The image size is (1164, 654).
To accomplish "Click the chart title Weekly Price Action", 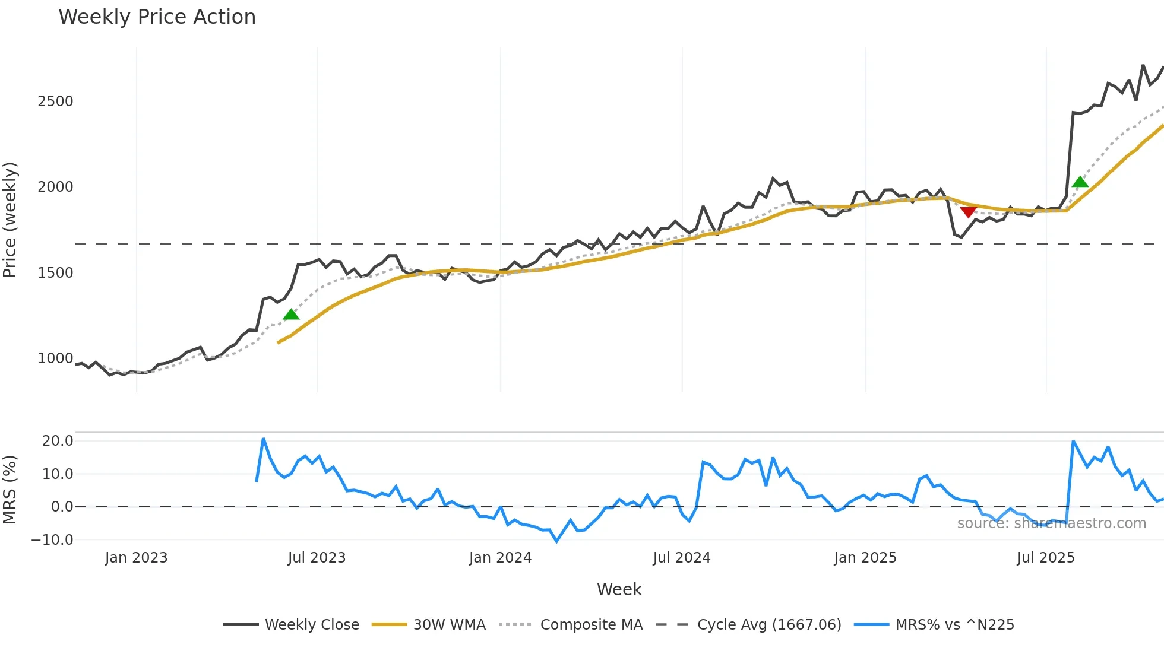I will [x=157, y=17].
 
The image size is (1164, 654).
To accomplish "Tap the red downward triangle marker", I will [x=968, y=211].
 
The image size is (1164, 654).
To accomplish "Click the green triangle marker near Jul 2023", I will [x=291, y=315].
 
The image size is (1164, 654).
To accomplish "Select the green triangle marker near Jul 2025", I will [x=1080, y=182].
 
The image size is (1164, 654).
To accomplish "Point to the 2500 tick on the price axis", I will [x=55, y=101].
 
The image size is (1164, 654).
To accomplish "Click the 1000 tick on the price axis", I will [x=55, y=358].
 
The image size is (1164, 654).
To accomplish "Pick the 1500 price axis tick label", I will [x=55, y=273].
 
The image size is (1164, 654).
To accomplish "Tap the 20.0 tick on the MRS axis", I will [x=58, y=441].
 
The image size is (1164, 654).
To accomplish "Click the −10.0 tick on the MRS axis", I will [x=52, y=540].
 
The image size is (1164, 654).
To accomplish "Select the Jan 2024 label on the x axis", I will [x=500, y=558].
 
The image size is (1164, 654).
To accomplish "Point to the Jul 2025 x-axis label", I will [x=1046, y=558].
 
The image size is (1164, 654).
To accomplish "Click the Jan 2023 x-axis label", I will [x=136, y=558].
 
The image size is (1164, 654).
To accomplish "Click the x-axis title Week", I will [x=619, y=589].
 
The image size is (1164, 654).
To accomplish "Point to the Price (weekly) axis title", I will [x=10, y=220].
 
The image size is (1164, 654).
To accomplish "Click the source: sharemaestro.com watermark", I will [x=1051, y=523].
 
